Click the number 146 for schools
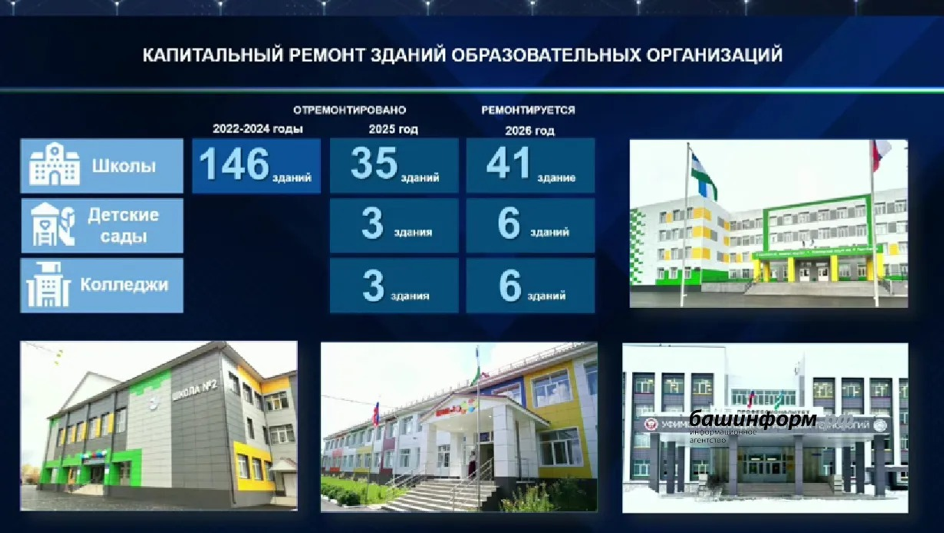click(234, 164)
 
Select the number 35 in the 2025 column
click(374, 164)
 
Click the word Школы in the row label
click(124, 166)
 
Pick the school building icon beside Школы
click(54, 165)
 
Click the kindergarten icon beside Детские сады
click(53, 225)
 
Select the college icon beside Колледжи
click(48, 285)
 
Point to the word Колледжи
click(124, 285)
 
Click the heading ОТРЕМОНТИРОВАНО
click(349, 110)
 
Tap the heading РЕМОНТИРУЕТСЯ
click(527, 110)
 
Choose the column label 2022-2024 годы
click(258, 129)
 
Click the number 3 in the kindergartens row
click(372, 224)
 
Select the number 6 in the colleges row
click(510, 286)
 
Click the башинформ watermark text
click(753, 419)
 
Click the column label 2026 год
click(529, 130)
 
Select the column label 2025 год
click(393, 129)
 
